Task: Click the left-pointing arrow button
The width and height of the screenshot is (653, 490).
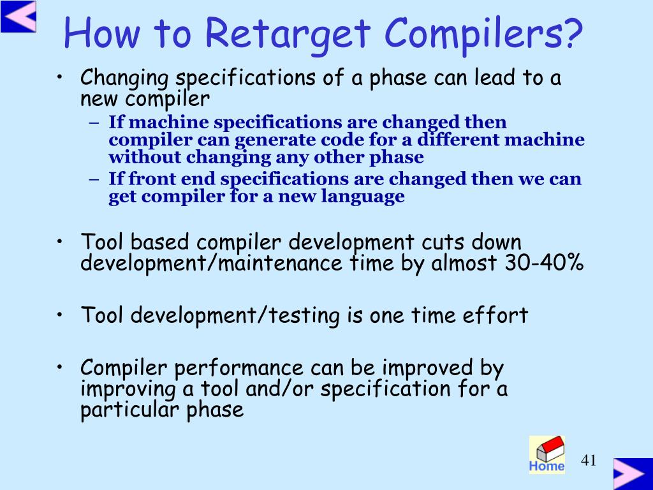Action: coord(18,16)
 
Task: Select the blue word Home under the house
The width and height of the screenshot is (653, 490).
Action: coord(547,466)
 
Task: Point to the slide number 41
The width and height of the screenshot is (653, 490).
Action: coord(589,461)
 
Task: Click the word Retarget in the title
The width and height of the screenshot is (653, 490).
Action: coord(288,34)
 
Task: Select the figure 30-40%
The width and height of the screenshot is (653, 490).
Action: coord(544,262)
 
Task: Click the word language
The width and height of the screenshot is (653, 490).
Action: coord(362,197)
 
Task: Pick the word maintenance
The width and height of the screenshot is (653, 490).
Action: coord(281,263)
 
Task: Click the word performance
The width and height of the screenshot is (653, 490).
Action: coord(238,368)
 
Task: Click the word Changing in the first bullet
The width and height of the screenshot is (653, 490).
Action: coord(124,78)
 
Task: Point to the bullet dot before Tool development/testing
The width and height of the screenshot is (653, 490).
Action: coord(61,315)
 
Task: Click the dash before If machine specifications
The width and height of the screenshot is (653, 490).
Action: coord(94,123)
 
